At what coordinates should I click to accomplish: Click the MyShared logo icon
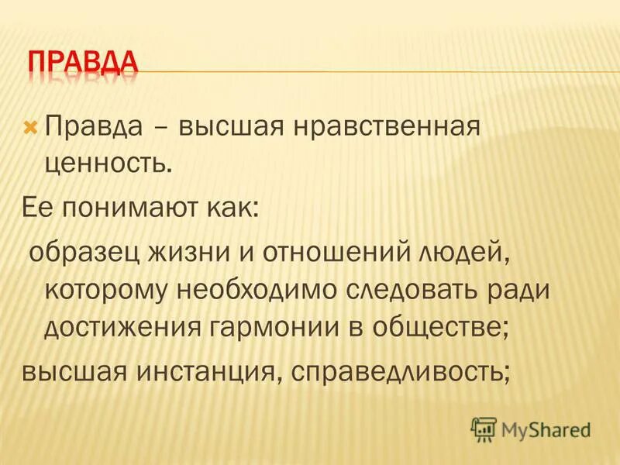pos(484,429)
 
